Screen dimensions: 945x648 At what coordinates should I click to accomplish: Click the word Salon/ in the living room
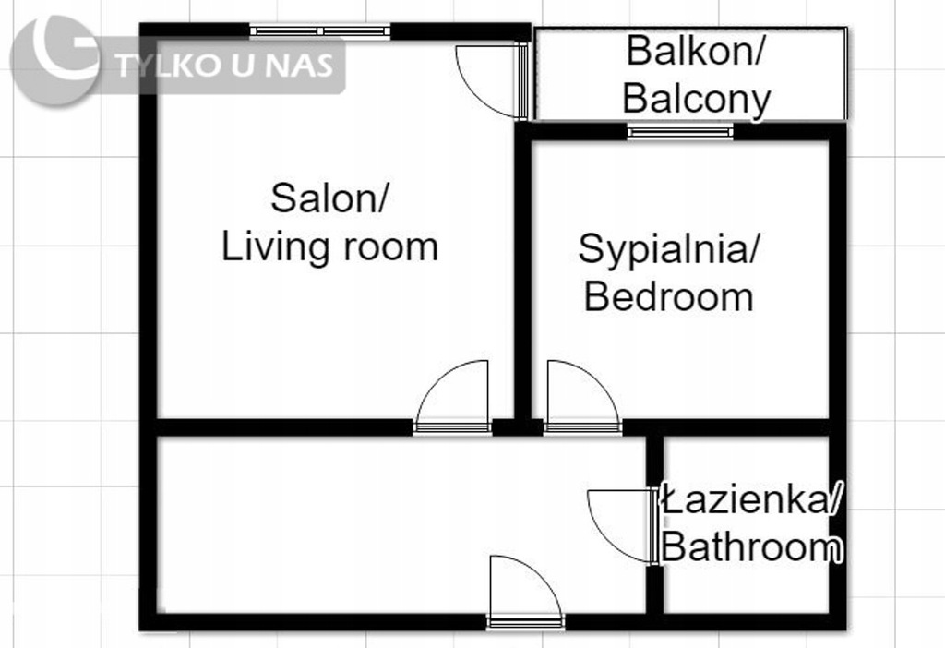pos(329,198)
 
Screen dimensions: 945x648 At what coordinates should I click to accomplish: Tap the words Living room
pos(329,247)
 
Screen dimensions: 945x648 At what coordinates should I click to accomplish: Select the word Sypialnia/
pos(669,249)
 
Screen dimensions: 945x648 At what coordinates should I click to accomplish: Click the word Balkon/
pos(696,52)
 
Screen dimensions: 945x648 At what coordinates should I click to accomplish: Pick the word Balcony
pos(696,99)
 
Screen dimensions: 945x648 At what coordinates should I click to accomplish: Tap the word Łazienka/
pos(751,500)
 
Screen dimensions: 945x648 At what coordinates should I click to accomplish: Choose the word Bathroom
pos(751,547)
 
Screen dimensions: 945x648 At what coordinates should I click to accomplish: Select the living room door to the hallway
pos(452,397)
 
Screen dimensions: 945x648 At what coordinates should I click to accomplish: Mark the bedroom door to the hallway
pos(582,397)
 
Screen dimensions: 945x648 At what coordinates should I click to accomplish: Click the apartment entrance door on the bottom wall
pos(525,592)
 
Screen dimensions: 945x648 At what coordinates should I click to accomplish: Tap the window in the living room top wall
pos(320,30)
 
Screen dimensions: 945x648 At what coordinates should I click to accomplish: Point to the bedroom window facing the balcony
pos(680,131)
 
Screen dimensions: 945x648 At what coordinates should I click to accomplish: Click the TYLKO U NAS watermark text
pos(224,66)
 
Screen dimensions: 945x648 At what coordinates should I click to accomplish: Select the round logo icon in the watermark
pos(55,60)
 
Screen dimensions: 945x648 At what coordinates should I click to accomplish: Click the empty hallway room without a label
pos(401,524)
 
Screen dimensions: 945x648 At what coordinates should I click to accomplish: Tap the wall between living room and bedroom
pos(523,271)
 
